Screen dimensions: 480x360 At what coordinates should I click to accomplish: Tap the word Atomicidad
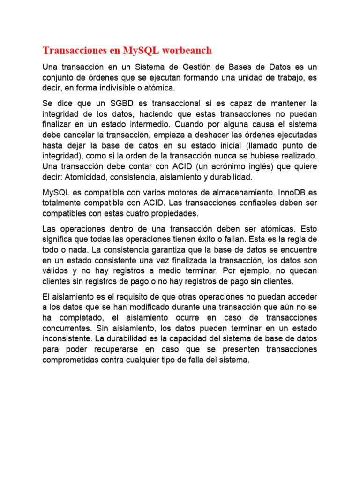pos(86,177)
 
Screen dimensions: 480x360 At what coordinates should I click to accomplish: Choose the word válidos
pos(55,270)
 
